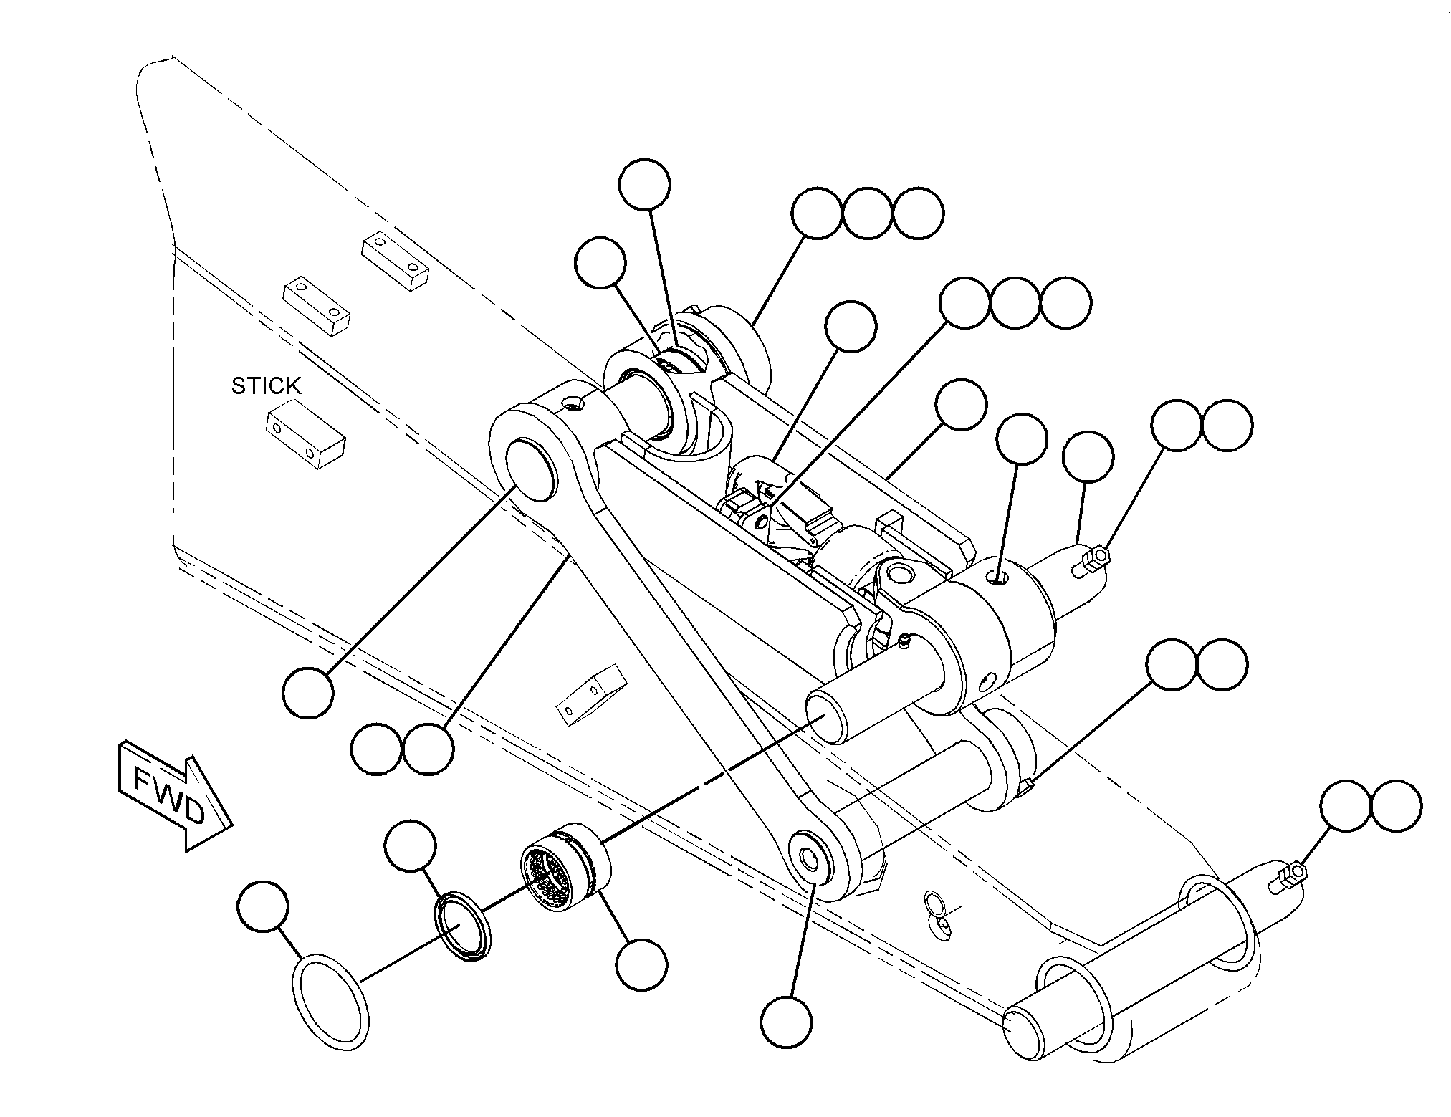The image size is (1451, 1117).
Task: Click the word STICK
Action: pyautogui.click(x=266, y=386)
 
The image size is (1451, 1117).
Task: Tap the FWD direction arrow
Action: pyautogui.click(x=174, y=795)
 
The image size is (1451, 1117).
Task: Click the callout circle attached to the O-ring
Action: pyautogui.click(x=262, y=907)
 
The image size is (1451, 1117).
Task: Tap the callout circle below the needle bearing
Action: pyautogui.click(x=642, y=966)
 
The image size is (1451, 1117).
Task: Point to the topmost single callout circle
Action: pyautogui.click(x=646, y=184)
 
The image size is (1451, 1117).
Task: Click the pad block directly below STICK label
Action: pyautogui.click(x=306, y=438)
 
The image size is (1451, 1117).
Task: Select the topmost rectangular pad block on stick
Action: pyautogui.click(x=395, y=261)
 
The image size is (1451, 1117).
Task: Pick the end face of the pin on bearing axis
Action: pyautogui.click(x=828, y=720)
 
